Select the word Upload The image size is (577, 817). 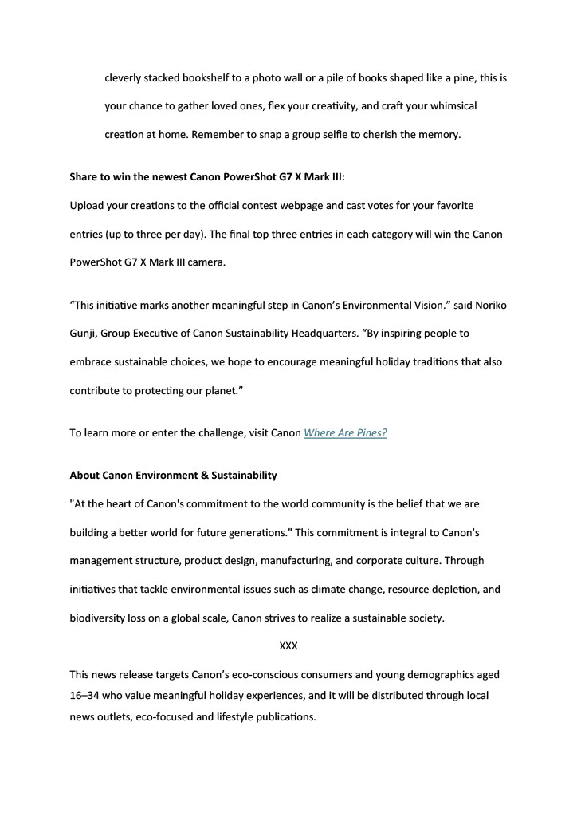87,206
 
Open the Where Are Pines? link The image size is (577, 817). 345,433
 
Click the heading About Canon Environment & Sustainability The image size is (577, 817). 174,476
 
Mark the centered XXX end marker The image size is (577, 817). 288,645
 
